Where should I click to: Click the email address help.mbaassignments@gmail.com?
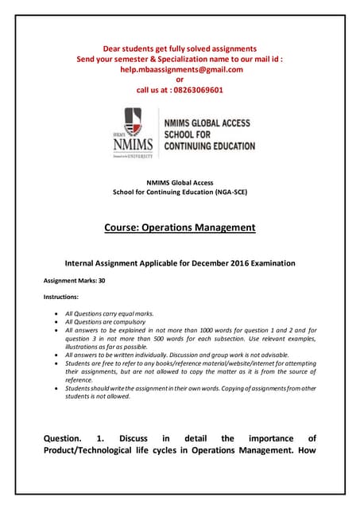tap(180, 69)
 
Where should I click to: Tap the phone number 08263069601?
tap(195, 90)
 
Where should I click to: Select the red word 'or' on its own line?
tap(180, 80)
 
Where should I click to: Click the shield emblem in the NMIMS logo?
tap(132, 122)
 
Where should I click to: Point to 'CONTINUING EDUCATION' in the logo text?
tap(209, 146)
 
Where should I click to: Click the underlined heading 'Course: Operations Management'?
tap(180, 227)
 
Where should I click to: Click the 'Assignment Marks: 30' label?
tap(73, 281)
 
